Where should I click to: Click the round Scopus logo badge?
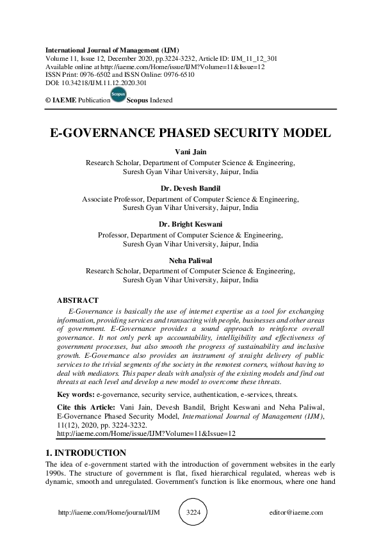(118, 95)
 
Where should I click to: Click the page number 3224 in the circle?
(193, 512)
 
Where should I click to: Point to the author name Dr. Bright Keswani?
(190, 225)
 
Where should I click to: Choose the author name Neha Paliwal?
(190, 261)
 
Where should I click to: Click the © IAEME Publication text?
(74, 101)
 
